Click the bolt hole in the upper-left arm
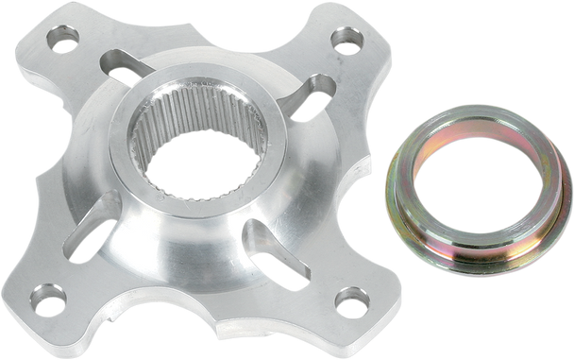point(61,43)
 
